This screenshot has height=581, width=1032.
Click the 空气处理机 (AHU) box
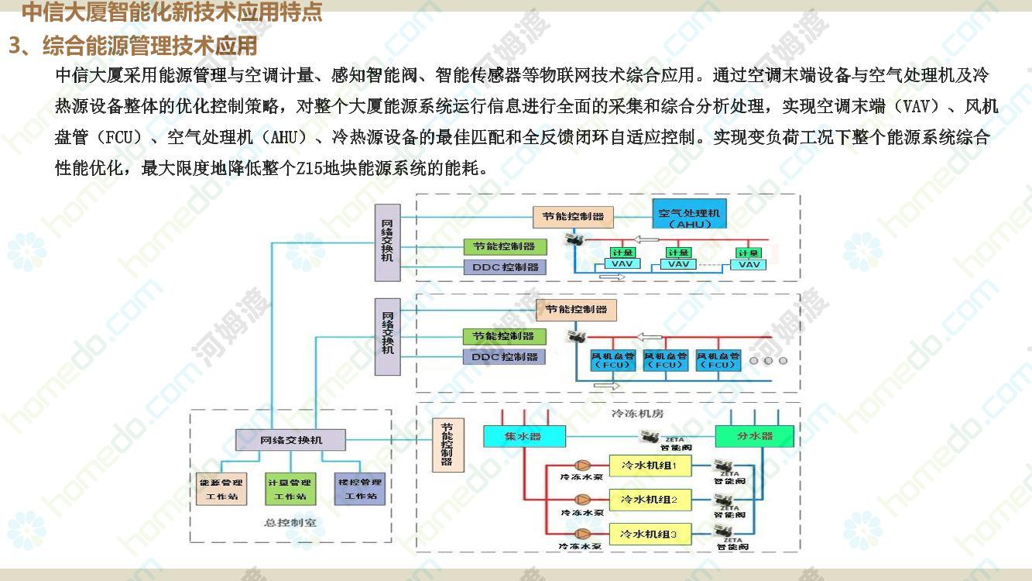pyautogui.click(x=689, y=218)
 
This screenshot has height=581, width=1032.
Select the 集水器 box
pyautogui.click(x=524, y=436)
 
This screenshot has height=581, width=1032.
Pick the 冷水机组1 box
pyautogui.click(x=649, y=466)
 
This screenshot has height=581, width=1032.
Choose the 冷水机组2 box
pyautogui.click(x=649, y=500)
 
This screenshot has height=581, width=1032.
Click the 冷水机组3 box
pyautogui.click(x=649, y=535)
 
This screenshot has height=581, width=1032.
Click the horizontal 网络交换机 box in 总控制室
pyautogui.click(x=290, y=440)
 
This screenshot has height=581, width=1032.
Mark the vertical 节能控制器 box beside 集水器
pyautogui.click(x=447, y=445)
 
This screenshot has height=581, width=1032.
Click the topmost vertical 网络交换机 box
pyautogui.click(x=388, y=242)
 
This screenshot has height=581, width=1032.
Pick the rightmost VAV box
pyautogui.click(x=749, y=264)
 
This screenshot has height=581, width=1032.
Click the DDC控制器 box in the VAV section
pyautogui.click(x=505, y=267)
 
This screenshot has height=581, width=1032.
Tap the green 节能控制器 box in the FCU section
pyautogui.click(x=505, y=336)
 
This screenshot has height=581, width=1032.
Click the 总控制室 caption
pyautogui.click(x=290, y=522)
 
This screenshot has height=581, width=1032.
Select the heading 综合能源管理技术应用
pyautogui.click(x=149, y=46)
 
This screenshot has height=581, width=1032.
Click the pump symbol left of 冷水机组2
pyautogui.click(x=582, y=500)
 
